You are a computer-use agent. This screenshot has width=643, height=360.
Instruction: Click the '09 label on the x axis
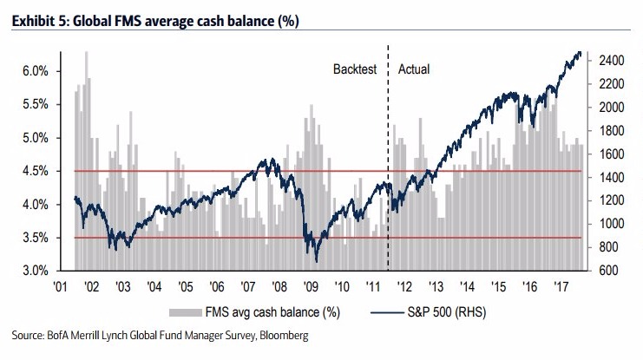click(308, 287)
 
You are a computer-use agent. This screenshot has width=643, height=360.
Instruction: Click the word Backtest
click(355, 69)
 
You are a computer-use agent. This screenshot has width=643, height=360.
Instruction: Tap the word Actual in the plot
click(414, 69)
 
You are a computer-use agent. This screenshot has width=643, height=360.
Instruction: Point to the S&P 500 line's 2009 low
click(317, 260)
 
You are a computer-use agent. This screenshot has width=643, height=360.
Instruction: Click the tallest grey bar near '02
click(86, 54)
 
